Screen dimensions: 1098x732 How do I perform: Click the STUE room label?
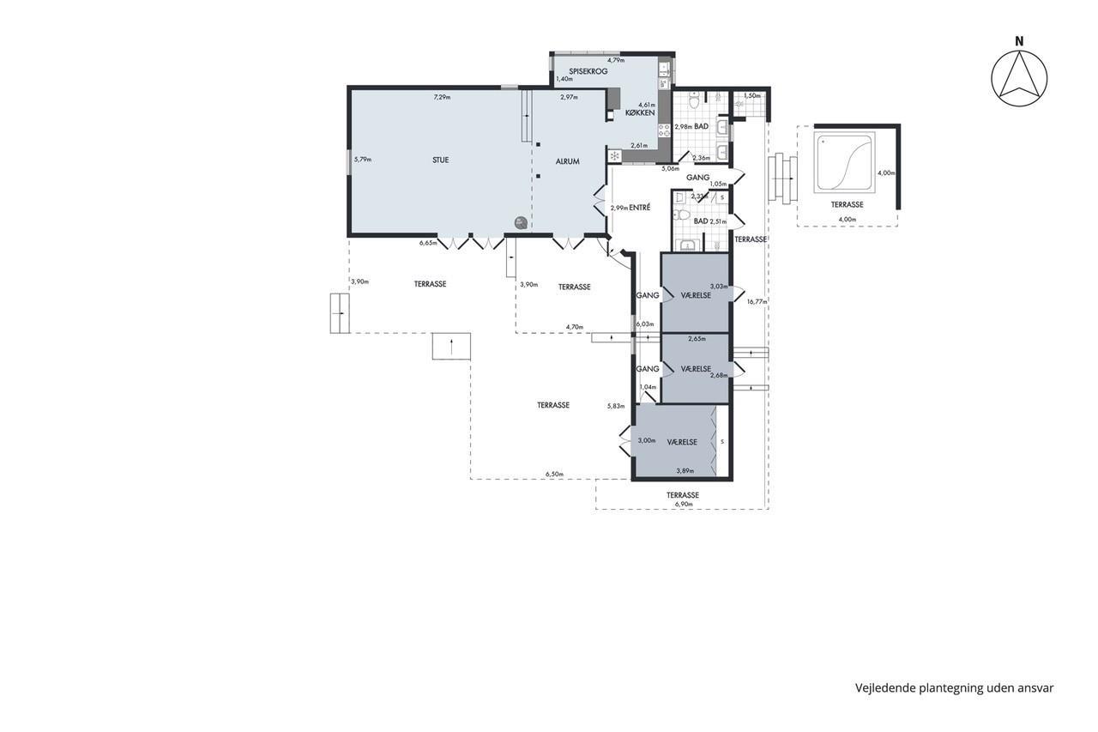[440, 160]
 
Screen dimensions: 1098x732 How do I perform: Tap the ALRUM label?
[568, 161]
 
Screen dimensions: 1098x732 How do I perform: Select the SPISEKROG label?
[588, 71]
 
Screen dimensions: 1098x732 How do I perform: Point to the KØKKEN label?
[640, 112]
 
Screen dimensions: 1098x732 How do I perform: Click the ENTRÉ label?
[640, 208]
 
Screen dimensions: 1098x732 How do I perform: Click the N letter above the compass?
[1019, 42]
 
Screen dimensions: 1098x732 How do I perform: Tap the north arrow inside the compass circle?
[1019, 81]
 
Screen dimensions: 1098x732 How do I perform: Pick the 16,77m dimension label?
[757, 301]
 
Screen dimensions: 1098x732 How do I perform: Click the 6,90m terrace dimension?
[684, 504]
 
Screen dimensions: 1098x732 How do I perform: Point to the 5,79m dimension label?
[363, 160]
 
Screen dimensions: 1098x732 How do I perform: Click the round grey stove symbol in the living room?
[521, 223]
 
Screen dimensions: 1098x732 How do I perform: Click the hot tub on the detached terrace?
[844, 162]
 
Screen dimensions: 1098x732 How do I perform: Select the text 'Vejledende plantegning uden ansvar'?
[955, 688]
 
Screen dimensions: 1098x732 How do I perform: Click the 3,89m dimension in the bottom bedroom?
[685, 470]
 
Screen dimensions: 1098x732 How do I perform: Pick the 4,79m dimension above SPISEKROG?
[616, 60]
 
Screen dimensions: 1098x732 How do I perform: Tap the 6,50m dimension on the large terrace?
[554, 474]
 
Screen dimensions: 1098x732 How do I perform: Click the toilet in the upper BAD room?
[694, 101]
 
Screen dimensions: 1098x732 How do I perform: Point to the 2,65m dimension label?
[697, 338]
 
